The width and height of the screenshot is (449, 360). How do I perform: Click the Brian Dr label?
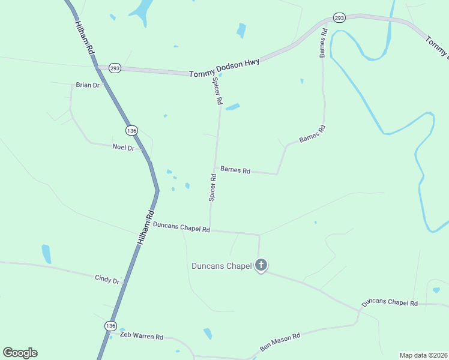pos(88,85)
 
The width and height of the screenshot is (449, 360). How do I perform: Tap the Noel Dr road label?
pos(123,147)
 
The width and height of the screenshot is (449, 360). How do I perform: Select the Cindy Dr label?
pos(107,280)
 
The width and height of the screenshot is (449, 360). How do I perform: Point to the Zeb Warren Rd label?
pos(141,337)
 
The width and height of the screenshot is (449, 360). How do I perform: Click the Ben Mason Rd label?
pos(280,343)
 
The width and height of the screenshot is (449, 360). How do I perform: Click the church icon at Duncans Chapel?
pos(261,265)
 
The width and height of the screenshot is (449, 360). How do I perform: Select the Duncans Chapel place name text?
pos(221,266)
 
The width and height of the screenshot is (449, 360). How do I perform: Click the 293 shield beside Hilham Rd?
pos(115,68)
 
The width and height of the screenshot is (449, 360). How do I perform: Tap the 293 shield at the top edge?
pos(340,18)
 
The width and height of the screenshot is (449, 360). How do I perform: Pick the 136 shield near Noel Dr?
pos(132,130)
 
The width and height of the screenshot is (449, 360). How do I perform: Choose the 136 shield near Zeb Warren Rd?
pos(110,325)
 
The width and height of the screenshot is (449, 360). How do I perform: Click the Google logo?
pos(20,353)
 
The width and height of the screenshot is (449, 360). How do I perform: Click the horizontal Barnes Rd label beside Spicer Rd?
pos(235,170)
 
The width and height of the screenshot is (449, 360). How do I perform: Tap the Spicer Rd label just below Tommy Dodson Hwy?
pos(217,93)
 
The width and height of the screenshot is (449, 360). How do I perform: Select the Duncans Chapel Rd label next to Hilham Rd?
pos(181,227)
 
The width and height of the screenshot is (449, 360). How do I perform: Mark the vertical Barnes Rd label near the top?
pos(323,43)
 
